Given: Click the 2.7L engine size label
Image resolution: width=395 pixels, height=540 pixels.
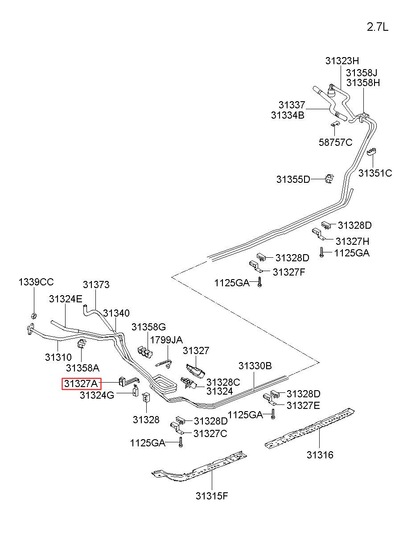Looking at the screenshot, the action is [378, 27].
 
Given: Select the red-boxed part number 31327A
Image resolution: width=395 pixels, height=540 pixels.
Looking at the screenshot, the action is [81, 383].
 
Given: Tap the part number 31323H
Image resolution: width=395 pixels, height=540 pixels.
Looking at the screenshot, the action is [342, 61].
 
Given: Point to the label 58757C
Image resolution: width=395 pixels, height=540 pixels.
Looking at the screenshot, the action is [335, 142].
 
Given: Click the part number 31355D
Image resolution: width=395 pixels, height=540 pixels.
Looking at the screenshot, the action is [293, 179].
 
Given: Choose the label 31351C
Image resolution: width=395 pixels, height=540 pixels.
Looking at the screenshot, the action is [375, 173].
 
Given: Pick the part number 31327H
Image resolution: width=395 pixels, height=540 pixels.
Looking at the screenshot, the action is [352, 241].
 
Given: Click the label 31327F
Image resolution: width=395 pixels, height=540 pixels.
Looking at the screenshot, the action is [289, 272].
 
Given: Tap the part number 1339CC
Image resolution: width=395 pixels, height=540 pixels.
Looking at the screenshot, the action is [36, 282].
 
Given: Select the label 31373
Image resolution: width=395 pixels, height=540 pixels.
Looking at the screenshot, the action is [96, 284].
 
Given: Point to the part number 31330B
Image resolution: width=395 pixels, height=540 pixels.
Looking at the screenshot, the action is [255, 366].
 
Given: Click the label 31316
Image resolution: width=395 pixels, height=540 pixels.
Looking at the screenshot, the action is [320, 455].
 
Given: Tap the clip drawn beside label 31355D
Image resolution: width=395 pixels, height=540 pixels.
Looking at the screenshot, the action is [329, 179].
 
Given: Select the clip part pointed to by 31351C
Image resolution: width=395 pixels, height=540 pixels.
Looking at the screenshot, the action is [371, 152].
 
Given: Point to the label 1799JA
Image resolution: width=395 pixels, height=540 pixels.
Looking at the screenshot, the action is [166, 340].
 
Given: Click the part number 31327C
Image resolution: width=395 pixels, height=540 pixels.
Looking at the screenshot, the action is [210, 433].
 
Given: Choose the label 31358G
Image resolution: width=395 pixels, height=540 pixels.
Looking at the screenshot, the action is [148, 327].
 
